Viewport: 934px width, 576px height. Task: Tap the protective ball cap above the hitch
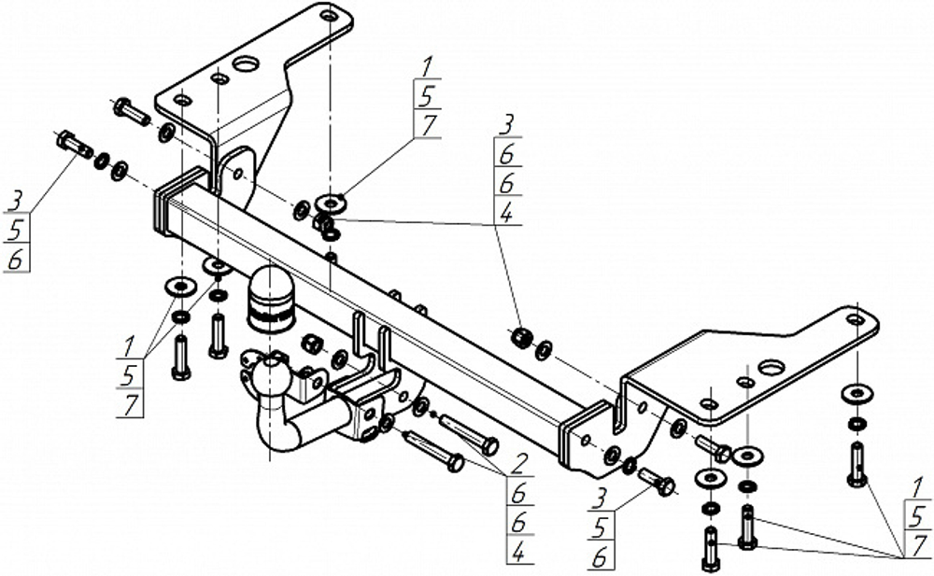point(270,296)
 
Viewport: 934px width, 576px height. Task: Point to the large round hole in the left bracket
point(245,64)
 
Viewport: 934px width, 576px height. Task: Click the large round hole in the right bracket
point(771,367)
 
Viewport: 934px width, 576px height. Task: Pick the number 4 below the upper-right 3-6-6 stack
point(505,213)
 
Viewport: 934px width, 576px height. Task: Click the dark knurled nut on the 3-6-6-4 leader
point(522,336)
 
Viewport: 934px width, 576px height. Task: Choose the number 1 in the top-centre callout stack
point(427,68)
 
